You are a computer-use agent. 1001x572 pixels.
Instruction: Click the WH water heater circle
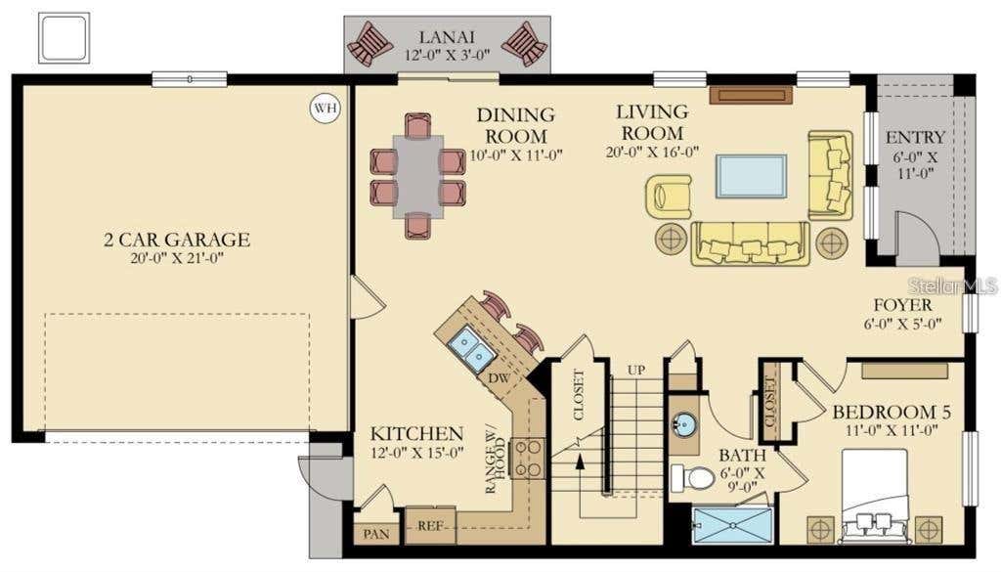click(325, 108)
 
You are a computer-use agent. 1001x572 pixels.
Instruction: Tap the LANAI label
click(447, 37)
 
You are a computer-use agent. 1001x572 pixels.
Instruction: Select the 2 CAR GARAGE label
click(177, 240)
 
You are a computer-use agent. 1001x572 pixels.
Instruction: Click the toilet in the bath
click(693, 478)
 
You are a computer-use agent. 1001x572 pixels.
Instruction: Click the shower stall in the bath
click(733, 525)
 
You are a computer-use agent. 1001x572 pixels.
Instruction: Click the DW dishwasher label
click(500, 378)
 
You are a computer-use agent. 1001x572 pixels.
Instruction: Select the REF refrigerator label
click(430, 526)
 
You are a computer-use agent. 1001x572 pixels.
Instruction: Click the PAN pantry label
click(376, 534)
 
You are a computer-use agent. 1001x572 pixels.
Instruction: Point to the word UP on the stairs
click(635, 371)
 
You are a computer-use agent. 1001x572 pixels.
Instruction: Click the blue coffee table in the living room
click(751, 176)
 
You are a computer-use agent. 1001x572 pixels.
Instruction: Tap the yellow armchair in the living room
click(669, 196)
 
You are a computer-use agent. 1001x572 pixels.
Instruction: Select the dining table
click(418, 177)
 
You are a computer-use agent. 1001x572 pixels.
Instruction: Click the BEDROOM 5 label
click(892, 413)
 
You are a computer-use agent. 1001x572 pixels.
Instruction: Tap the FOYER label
click(902, 305)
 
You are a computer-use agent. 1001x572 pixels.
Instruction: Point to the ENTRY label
click(915, 137)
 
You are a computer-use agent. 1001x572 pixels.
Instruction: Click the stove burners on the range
click(528, 459)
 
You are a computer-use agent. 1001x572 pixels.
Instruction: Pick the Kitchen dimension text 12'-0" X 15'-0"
click(417, 454)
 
